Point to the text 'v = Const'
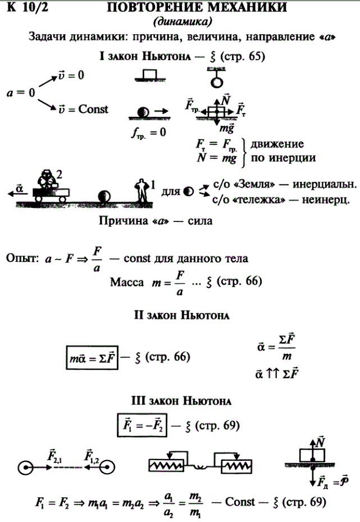tap(84, 109)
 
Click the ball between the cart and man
tap(104, 197)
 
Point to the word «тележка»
tap(254, 198)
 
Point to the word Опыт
tap(21, 260)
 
